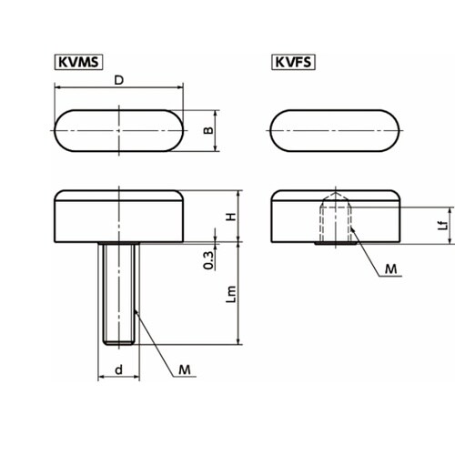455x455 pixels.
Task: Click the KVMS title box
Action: [x=78, y=62]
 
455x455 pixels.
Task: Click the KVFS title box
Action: [x=293, y=62]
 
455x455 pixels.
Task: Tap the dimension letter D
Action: [x=119, y=80]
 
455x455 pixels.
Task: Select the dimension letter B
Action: [x=208, y=130]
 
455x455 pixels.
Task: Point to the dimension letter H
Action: [x=231, y=217]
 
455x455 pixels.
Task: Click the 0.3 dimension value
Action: [x=208, y=260]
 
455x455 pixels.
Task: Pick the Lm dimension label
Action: [x=231, y=294]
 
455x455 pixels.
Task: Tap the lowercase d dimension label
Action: [x=118, y=369]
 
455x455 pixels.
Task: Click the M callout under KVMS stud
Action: [x=185, y=369]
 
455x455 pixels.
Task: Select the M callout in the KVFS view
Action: [x=390, y=269]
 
